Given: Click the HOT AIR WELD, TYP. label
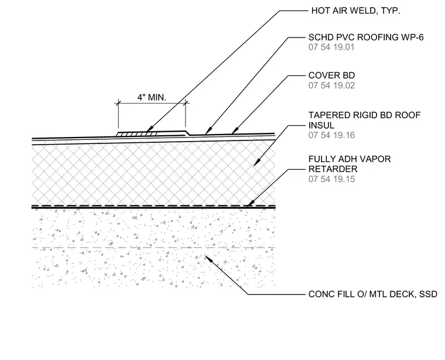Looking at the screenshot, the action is [355, 11].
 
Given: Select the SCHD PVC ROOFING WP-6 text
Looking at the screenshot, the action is [366, 37].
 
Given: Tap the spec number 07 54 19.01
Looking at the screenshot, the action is [331, 47].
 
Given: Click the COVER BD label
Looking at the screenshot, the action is [331, 76].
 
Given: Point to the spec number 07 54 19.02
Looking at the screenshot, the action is [331, 85].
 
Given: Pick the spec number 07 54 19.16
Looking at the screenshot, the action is [331, 135].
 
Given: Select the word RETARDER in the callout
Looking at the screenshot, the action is [333, 169].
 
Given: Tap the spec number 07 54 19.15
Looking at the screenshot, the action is [331, 179].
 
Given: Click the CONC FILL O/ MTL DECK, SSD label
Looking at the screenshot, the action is [372, 294].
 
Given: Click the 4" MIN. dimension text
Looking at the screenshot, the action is [152, 97].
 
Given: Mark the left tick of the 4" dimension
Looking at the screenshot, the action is [118, 103].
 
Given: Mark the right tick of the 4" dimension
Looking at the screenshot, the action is [186, 103].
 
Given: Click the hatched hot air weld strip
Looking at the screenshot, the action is [137, 133].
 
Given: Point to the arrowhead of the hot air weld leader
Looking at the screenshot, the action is [149, 129].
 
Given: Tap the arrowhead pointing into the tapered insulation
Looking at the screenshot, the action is [256, 163].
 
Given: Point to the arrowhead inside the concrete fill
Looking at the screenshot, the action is [208, 259].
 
